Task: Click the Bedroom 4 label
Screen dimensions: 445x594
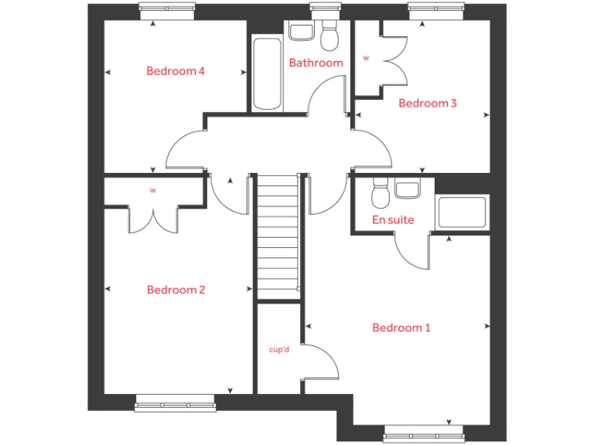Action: point(176,71)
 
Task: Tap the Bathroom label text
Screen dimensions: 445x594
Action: point(316,63)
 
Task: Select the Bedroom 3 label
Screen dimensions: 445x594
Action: point(428,103)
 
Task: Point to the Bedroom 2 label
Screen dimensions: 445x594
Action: point(176,290)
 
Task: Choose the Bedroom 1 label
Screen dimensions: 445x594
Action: point(401,328)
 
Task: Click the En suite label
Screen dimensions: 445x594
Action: point(393,219)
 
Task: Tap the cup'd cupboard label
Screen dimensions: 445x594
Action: point(278,350)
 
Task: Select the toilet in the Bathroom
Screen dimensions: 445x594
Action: point(330,36)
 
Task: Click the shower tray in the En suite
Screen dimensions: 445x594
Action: point(463,212)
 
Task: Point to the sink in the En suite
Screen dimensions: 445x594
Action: point(406,188)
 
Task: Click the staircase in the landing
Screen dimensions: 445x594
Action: point(277,236)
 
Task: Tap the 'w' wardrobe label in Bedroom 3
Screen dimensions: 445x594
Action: point(366,58)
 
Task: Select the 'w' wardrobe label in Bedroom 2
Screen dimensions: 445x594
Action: point(153,189)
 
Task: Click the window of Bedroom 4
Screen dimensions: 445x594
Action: point(166,9)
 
